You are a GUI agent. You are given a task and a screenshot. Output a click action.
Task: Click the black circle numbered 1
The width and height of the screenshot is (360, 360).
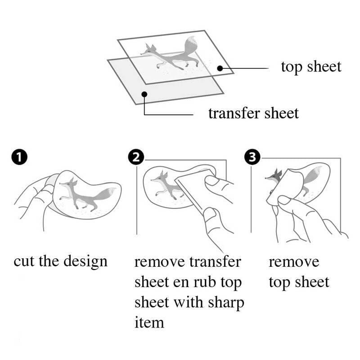(x=19, y=157)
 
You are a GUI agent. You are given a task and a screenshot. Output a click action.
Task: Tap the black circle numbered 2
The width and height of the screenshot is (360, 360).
(x=136, y=157)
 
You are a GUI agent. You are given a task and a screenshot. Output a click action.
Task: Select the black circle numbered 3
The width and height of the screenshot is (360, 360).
(x=252, y=157)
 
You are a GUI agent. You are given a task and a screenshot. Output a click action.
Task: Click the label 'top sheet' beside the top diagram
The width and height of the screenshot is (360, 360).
(x=311, y=67)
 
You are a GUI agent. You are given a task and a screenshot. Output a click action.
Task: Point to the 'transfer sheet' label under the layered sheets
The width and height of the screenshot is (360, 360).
(x=253, y=113)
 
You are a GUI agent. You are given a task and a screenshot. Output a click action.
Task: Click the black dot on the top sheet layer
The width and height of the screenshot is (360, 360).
(x=220, y=68)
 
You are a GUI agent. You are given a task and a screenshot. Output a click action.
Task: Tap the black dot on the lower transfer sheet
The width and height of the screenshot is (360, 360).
(x=144, y=94)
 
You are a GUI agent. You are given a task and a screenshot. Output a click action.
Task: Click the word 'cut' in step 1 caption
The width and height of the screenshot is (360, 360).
(x=24, y=261)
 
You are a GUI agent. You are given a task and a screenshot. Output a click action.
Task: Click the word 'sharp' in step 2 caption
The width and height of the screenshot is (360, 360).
(x=226, y=302)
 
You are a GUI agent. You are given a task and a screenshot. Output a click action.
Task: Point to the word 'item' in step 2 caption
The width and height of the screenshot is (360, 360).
(x=149, y=322)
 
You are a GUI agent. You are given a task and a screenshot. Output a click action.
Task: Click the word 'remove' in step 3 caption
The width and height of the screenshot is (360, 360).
(x=294, y=262)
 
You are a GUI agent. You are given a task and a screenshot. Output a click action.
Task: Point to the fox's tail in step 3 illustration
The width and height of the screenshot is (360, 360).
(x=313, y=175)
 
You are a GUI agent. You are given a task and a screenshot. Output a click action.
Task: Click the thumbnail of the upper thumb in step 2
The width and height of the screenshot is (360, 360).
(x=211, y=181)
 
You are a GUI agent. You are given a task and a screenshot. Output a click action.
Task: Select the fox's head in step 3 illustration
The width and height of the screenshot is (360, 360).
(x=274, y=176)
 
